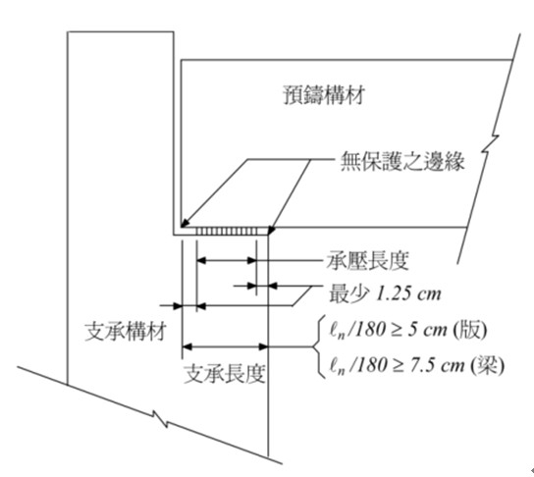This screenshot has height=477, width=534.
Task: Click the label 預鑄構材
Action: (324, 95)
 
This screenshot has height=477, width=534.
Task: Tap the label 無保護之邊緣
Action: (402, 161)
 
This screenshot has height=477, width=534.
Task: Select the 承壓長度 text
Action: (367, 260)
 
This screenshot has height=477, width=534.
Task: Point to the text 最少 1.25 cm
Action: (385, 293)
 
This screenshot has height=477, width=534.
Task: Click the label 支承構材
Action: (126, 332)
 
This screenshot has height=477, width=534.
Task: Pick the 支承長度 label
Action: (225, 374)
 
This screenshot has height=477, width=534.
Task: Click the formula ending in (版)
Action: (407, 330)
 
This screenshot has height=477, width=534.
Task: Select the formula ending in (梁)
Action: (416, 366)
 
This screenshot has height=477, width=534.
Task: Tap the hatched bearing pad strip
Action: (227, 232)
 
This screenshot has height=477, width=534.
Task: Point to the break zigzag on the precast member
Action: (490, 143)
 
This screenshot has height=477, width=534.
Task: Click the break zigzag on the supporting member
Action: (160, 419)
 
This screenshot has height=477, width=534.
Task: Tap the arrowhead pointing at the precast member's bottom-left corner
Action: (185, 224)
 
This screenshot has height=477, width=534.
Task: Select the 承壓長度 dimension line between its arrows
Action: (227, 261)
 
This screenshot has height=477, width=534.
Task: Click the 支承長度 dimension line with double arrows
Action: (225, 346)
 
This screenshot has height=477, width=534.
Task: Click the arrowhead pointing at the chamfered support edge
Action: (271, 230)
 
